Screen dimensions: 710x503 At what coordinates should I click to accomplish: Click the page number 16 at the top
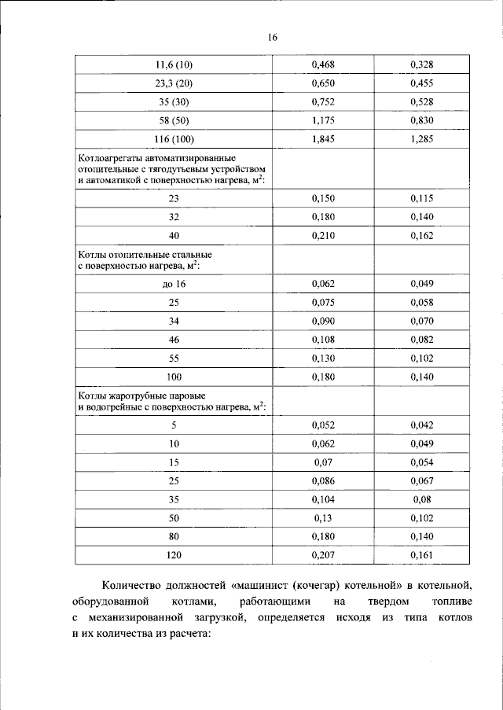point(273,37)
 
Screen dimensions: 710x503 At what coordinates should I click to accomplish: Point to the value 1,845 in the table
point(323,139)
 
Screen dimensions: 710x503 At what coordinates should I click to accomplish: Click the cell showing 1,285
point(421,139)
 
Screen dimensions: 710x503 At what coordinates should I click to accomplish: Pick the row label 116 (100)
point(174,139)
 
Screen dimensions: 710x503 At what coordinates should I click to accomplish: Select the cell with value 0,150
point(323,199)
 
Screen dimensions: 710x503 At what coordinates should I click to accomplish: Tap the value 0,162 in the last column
point(421,237)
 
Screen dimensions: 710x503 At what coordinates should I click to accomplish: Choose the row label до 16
point(174,282)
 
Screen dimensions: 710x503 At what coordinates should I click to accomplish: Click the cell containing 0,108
point(323,339)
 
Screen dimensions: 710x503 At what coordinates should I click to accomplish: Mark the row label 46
point(174,339)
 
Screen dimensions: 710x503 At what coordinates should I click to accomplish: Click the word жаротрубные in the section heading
point(139,395)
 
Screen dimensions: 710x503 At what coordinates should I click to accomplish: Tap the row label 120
point(174,556)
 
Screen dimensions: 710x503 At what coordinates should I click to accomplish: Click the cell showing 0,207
point(323,556)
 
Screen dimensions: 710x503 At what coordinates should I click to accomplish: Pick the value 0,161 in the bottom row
point(421,556)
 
